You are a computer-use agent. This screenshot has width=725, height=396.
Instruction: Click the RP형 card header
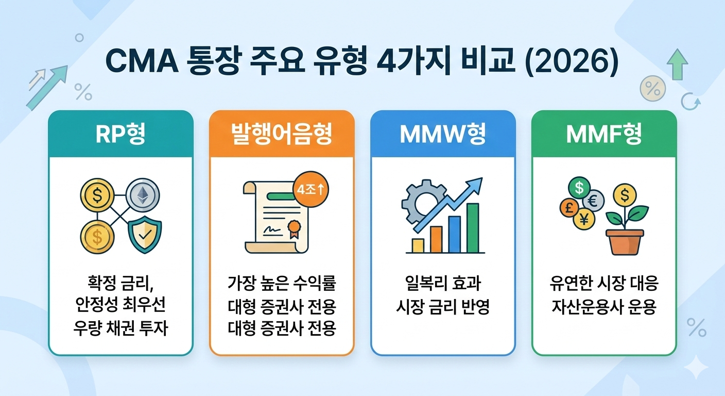point(120,134)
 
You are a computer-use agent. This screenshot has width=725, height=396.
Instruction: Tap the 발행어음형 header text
point(282,134)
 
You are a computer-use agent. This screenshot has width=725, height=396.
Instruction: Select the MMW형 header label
point(443,134)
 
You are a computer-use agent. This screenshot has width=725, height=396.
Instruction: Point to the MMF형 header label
point(604,134)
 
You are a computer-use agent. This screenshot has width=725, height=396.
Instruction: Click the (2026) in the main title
point(572,61)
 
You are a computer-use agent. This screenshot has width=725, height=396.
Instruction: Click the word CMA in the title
point(143,61)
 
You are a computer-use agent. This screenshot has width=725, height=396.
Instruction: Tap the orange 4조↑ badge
point(310,189)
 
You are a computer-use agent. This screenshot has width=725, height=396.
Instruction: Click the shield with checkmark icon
point(145,234)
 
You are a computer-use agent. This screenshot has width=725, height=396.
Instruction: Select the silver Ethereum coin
point(143,195)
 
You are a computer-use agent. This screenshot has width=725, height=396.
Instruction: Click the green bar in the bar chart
point(473,228)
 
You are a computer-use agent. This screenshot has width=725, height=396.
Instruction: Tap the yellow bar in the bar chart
point(418,245)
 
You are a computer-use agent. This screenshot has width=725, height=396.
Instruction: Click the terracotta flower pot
point(625,242)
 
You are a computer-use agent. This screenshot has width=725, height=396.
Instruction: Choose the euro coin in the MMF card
point(593,201)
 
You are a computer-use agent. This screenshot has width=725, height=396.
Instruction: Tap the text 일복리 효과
point(443,283)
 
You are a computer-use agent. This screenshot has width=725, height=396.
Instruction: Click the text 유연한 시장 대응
point(604,283)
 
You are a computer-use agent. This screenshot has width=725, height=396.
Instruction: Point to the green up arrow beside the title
point(677,64)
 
